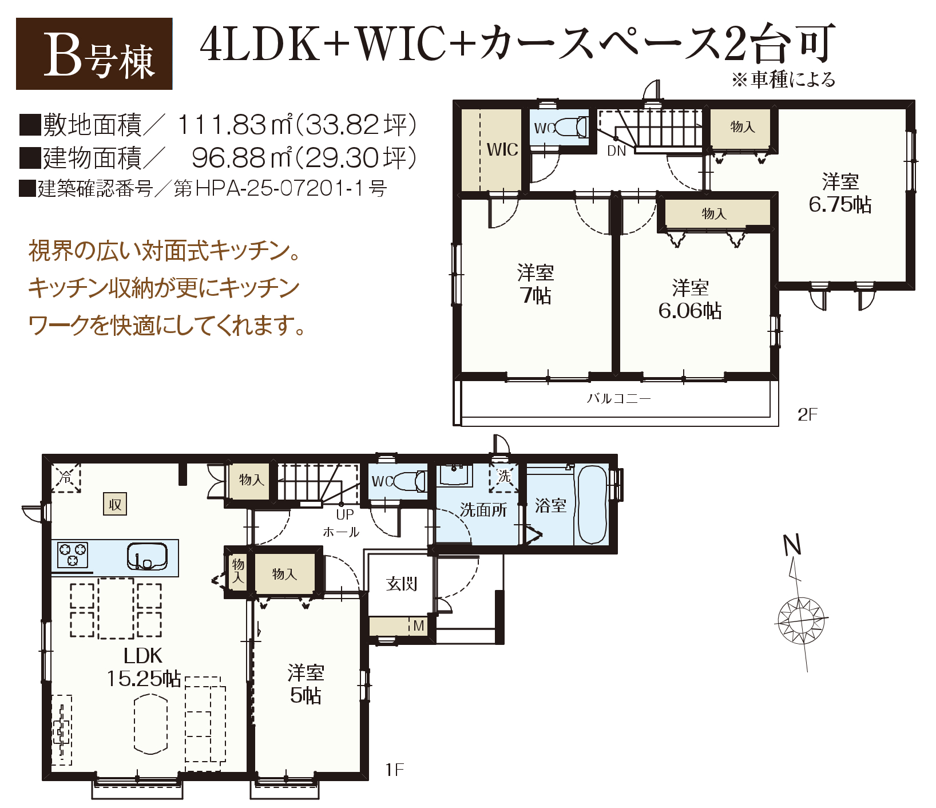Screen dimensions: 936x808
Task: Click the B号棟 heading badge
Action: point(94,54)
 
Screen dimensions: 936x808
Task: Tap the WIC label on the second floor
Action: point(502,150)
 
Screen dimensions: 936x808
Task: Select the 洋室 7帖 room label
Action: point(536,284)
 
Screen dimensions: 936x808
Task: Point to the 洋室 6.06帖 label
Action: point(690,299)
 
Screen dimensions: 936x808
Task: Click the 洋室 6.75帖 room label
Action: point(840,193)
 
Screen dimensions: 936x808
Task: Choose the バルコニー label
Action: point(618,398)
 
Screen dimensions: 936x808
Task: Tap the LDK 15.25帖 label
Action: point(143,667)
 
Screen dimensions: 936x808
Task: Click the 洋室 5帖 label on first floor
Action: point(306,684)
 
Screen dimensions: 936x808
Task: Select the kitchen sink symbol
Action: point(147,556)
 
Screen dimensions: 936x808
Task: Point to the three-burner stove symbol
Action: point(73,554)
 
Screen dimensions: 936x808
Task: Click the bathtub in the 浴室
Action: point(592,505)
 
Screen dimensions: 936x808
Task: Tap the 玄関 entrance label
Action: point(402,584)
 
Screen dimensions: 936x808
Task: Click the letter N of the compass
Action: point(792,545)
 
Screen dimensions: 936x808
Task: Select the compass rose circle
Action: point(801,620)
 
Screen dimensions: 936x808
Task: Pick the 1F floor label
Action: point(395,770)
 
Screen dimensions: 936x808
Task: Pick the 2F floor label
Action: point(807,414)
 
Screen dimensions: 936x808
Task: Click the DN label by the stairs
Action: point(616,151)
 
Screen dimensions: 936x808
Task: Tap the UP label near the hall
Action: point(345,514)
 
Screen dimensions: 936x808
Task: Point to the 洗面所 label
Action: point(483,510)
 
